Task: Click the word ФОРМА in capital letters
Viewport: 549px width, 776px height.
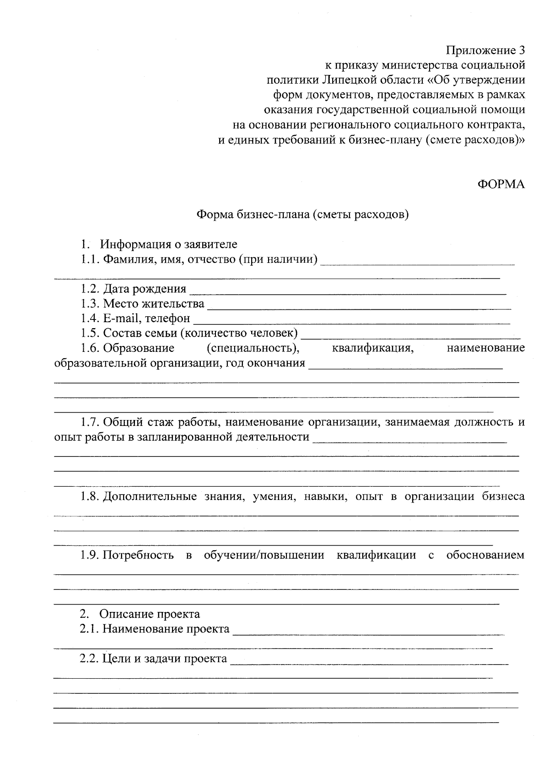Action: [501, 184]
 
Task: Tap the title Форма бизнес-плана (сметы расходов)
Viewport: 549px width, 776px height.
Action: [302, 214]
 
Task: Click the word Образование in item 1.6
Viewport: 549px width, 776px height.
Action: [139, 348]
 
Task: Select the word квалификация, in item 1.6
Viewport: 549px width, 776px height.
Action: [373, 348]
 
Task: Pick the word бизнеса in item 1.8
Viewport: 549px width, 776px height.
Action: [503, 496]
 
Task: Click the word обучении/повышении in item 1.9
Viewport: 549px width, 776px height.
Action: [264, 555]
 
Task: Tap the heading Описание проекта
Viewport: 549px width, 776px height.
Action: [150, 614]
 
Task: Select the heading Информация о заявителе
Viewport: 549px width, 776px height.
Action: [169, 244]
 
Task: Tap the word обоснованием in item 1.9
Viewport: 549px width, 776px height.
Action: [485, 555]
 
